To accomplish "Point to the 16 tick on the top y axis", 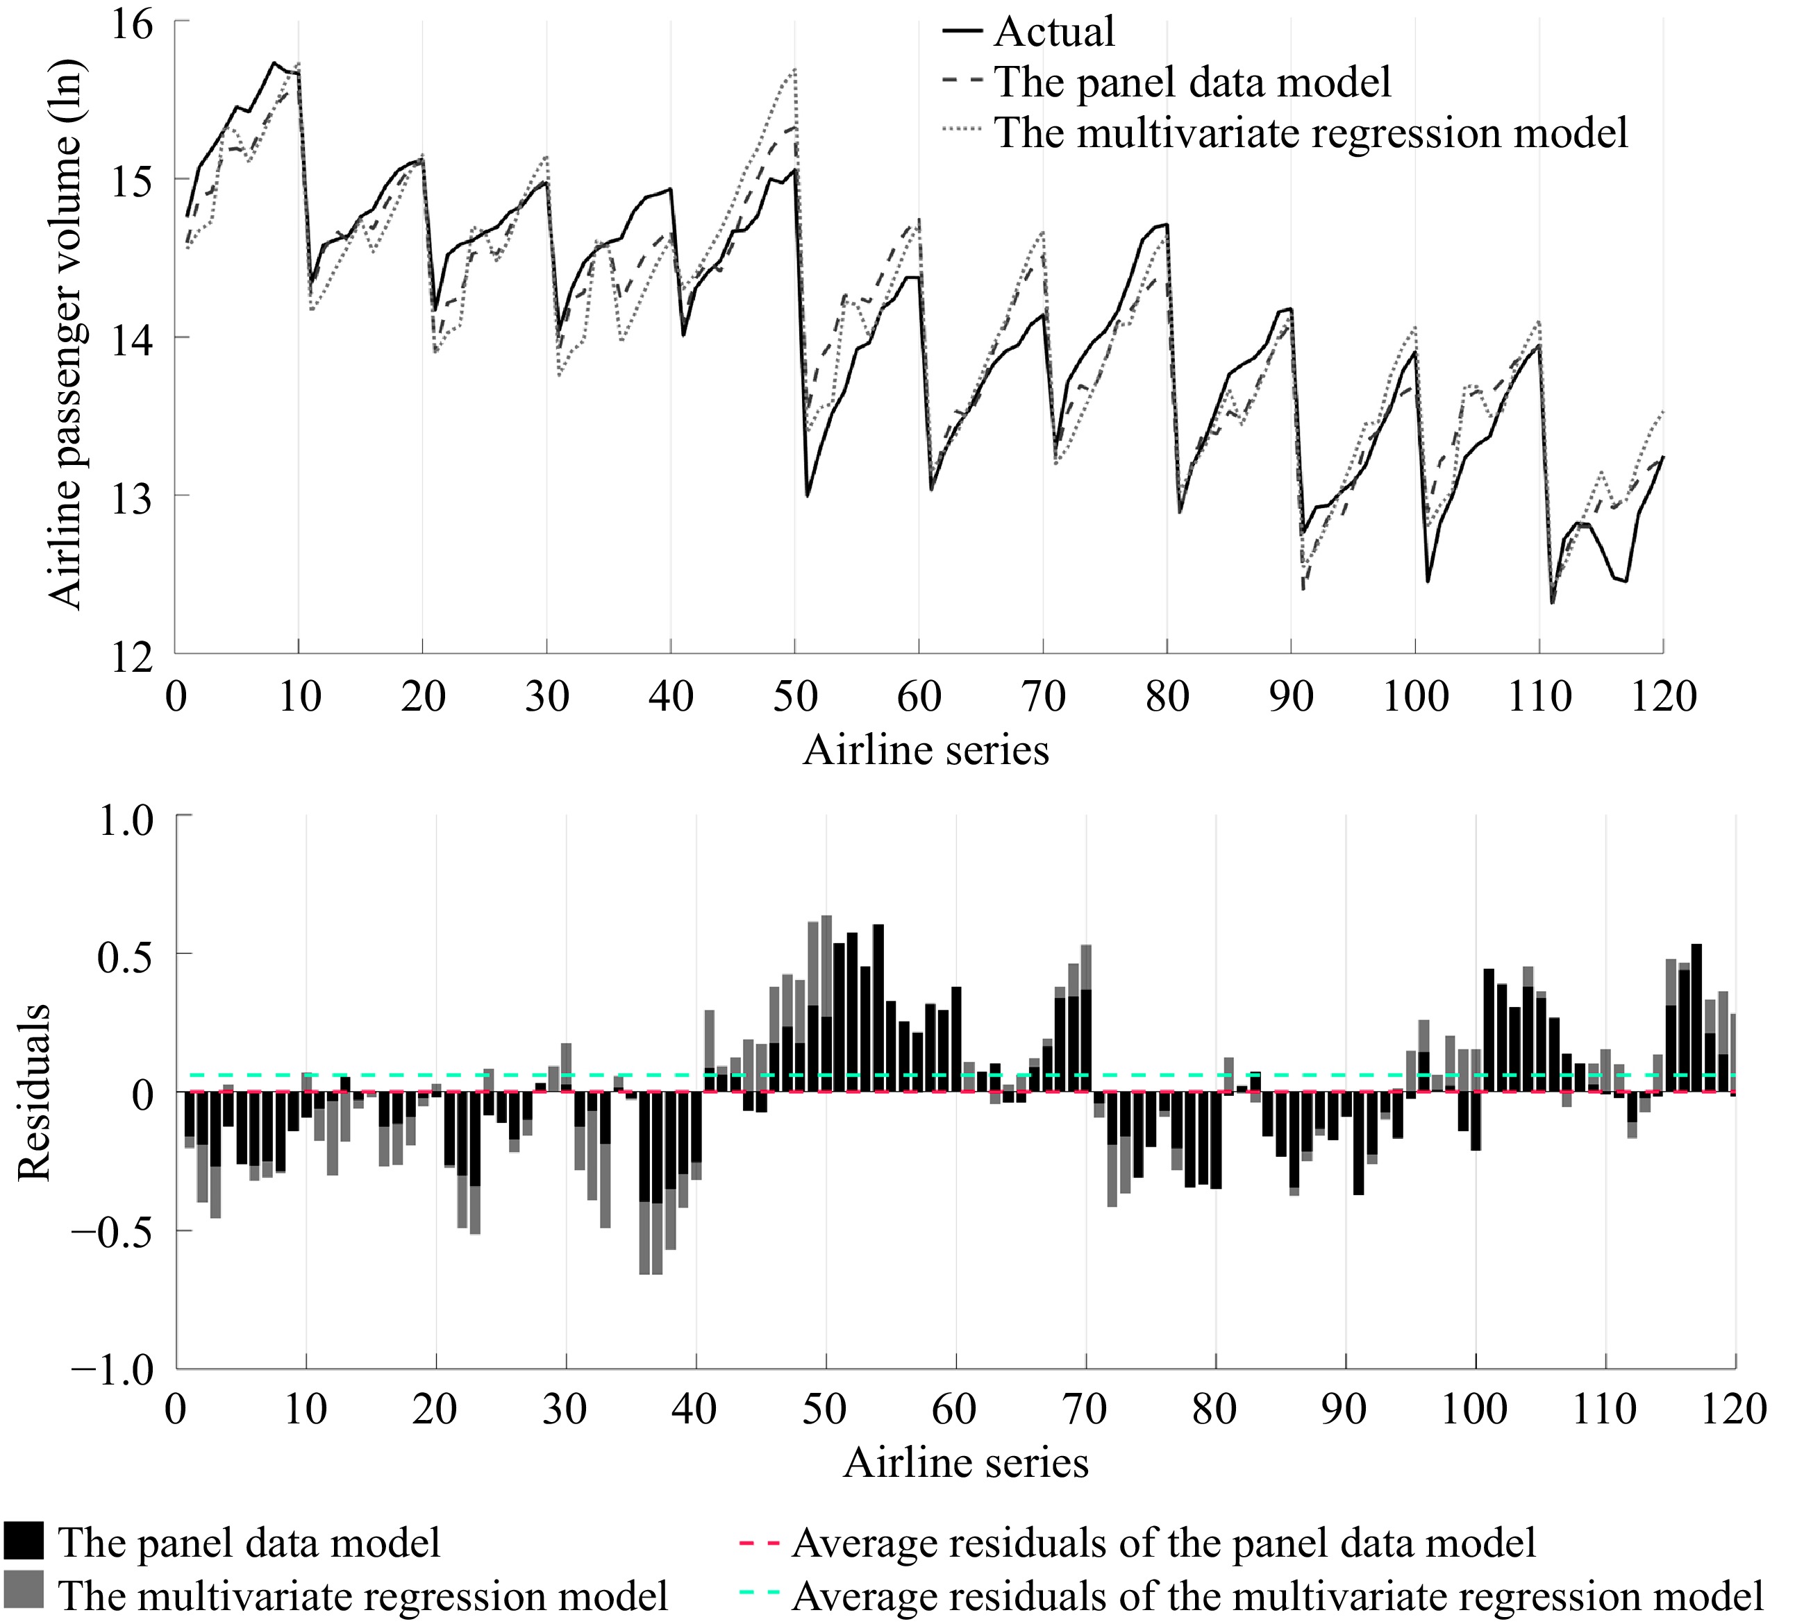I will coord(132,23).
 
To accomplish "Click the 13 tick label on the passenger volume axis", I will coord(132,496).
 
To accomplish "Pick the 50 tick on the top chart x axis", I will coord(794,697).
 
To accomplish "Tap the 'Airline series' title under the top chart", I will coord(926,750).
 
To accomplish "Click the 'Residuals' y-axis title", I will coord(34,1092).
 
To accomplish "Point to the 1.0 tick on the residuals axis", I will coord(125,821).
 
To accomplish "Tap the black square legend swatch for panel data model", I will coord(24,1541).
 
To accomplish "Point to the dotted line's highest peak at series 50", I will coord(794,69).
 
